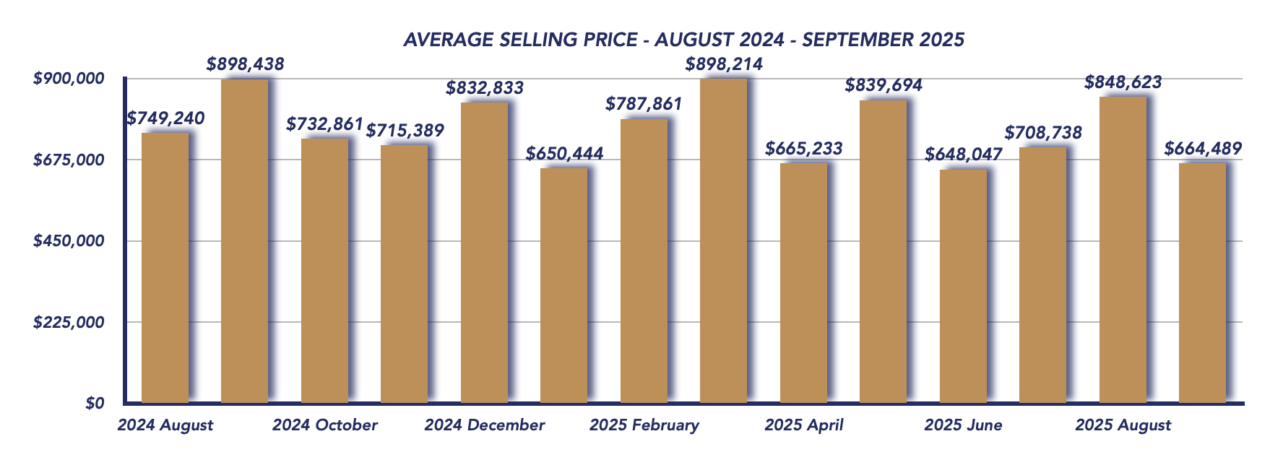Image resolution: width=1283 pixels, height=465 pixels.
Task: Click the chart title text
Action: pos(683,39)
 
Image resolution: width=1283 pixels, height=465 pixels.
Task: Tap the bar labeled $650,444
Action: pos(563,285)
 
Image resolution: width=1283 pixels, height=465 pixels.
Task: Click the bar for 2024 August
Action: pos(165,267)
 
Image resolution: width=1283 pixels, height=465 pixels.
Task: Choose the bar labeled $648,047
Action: pos(963,286)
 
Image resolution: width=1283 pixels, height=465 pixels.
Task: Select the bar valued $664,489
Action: pos(1202,283)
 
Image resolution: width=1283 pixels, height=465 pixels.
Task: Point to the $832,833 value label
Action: pos(485,88)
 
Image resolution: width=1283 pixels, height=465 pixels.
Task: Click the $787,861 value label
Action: pos(644,104)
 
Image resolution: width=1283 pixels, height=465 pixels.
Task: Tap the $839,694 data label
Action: pos(884,85)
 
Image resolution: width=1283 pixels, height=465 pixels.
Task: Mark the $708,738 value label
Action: pos(1043,133)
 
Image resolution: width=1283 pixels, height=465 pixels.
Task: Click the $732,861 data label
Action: pos(324,124)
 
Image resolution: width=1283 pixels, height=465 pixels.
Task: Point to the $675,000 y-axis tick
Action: pos(69,160)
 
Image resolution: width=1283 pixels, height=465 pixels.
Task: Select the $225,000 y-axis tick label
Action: pos(69,322)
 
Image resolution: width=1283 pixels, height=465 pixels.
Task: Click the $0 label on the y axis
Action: pos(94,403)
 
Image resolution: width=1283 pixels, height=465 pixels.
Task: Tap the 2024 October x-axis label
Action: pos(324,425)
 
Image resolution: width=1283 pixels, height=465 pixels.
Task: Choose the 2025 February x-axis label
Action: pos(644,425)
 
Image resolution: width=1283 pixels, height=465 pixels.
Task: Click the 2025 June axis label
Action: pos(963,425)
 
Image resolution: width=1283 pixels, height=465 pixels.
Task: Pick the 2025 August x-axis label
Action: pos(1123,425)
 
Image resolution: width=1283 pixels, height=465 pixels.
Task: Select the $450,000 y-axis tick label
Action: pos(69,240)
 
